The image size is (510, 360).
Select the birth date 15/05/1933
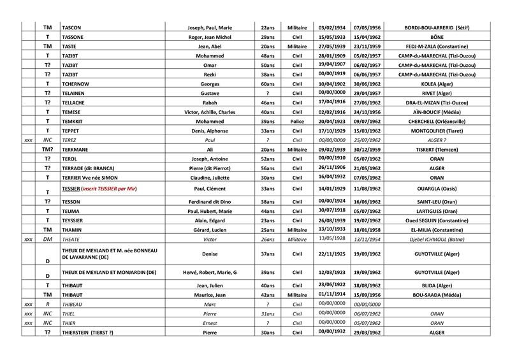(330, 37)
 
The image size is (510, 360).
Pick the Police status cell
(296, 120)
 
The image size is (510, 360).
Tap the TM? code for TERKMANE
(47, 148)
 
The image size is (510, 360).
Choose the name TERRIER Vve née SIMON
(93, 176)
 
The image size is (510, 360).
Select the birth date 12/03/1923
(330, 271)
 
